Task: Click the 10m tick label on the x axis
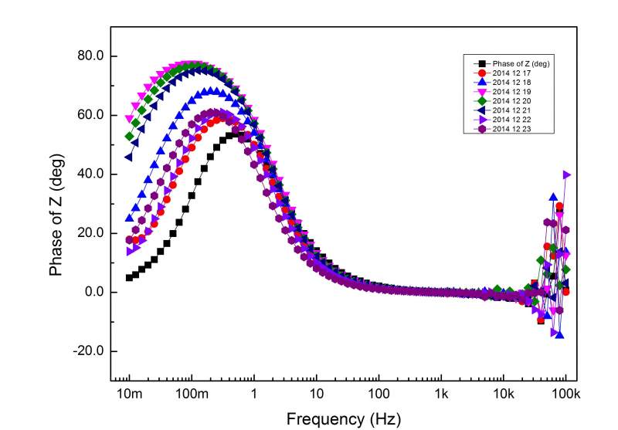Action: point(128,394)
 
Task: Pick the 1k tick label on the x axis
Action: point(440,394)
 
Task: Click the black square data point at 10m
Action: point(129,277)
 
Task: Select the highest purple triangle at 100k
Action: point(566,174)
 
